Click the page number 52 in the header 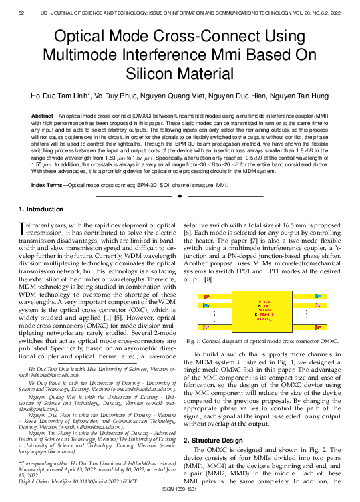tap(21, 13)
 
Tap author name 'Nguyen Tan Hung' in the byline tap(307, 96)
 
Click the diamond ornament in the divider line tap(180, 197)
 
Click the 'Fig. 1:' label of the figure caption tap(195, 340)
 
